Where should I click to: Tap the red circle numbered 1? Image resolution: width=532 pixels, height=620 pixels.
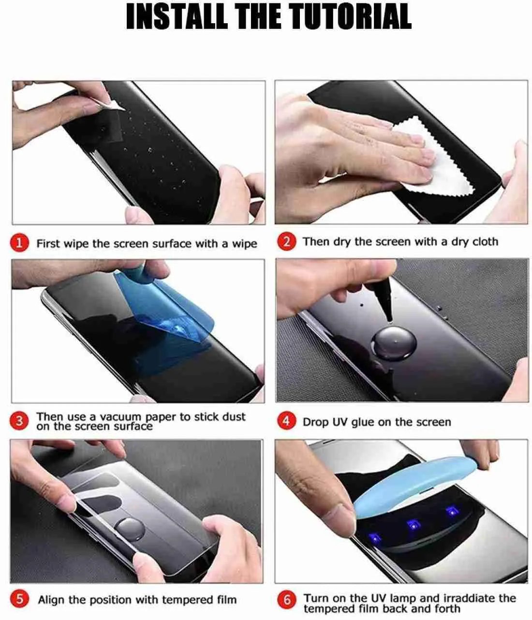(19, 242)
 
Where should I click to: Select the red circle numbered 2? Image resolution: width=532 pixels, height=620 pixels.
(286, 241)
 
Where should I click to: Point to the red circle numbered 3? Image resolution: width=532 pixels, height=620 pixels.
(19, 421)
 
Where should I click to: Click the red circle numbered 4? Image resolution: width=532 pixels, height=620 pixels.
(286, 421)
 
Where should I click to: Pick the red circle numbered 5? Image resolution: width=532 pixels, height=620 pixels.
(19, 599)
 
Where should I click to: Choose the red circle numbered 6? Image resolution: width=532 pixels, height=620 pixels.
(287, 600)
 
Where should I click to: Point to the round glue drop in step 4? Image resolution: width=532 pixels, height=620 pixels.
(394, 343)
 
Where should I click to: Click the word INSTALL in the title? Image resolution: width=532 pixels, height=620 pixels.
(177, 16)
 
